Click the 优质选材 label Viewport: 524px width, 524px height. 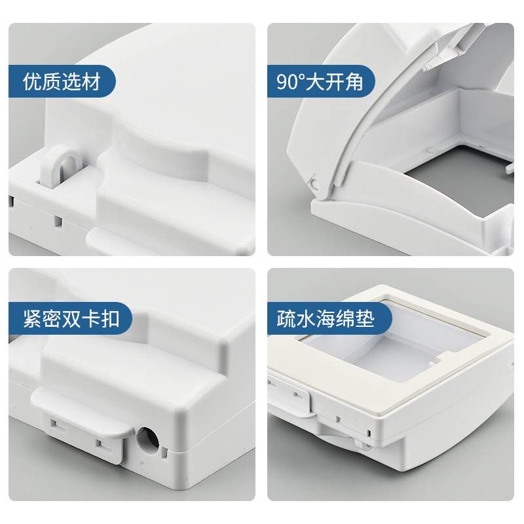click(62, 81)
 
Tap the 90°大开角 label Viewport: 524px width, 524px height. click(320, 81)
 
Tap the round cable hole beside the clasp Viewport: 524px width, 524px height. click(147, 441)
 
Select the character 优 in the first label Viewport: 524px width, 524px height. click(32, 81)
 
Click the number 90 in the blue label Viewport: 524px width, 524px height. click(287, 82)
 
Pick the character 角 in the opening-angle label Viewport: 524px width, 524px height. click(354, 81)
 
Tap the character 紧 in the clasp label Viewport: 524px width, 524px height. click(32, 318)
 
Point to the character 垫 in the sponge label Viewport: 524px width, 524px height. click(365, 318)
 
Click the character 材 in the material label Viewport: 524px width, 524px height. click(91, 81)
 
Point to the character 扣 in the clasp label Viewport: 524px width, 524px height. click(110, 318)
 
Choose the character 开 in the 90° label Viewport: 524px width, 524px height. click(335, 81)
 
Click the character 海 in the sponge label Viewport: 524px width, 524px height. click(325, 318)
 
